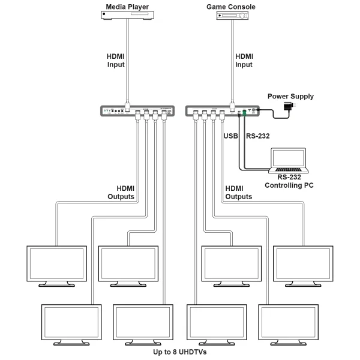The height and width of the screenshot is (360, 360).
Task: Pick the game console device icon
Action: [232, 20]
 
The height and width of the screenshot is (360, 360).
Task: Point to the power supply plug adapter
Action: [290, 107]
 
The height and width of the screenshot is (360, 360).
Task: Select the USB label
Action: [231, 136]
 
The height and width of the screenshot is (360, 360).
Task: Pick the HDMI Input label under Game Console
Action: [244, 61]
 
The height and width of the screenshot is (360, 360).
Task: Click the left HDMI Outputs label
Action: [121, 192]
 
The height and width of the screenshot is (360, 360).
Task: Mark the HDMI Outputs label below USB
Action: [238, 192]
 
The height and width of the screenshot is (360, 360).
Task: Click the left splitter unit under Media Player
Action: [138, 111]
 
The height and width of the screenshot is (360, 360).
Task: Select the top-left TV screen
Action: [56, 262]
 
